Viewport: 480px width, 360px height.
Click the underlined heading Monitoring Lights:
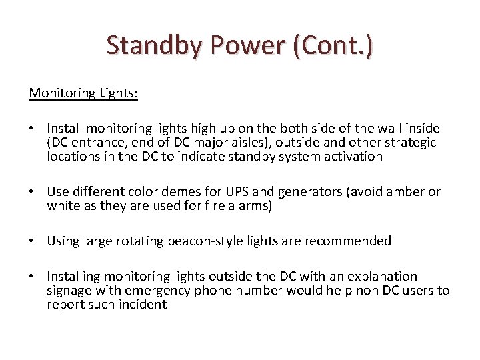[83, 93]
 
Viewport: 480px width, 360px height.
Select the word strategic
[409, 142]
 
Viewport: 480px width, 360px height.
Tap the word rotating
[141, 241]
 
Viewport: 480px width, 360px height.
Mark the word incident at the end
[143, 305]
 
